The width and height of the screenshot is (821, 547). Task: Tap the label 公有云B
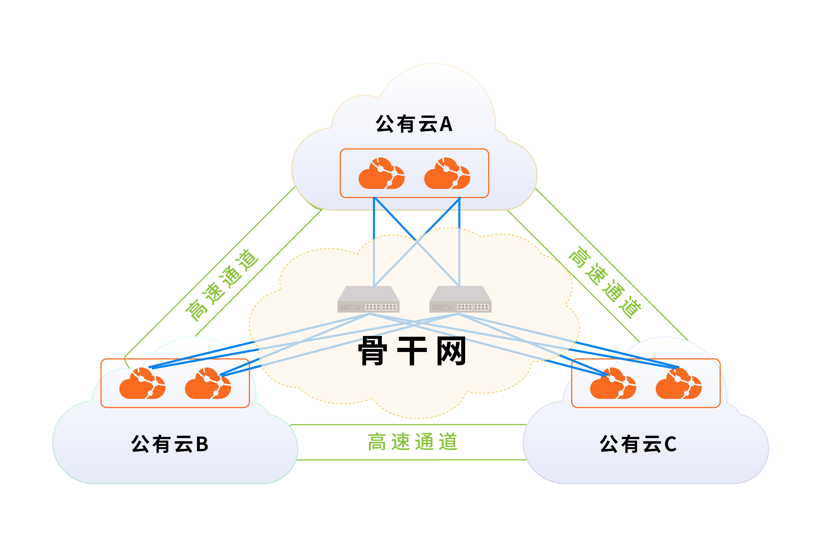tap(170, 444)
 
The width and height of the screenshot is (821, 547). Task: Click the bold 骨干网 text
tap(412, 351)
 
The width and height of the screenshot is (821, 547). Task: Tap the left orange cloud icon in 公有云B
tap(142, 384)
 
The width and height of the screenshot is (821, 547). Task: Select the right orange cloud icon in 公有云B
tap(208, 384)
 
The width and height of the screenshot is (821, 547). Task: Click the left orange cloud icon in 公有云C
tap(613, 384)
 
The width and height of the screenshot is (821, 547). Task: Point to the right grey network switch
tap(460, 299)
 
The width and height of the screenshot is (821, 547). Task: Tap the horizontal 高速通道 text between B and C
tap(412, 442)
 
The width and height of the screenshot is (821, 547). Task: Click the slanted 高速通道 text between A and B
tap(222, 285)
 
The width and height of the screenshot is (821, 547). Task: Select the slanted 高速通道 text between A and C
tap(605, 283)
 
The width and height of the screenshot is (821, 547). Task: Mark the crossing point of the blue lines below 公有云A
tap(417, 241)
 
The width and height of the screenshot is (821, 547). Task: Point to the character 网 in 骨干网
tap(451, 351)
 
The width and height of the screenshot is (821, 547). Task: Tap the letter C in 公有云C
tap(670, 444)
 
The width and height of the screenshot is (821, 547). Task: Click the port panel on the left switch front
tap(381, 307)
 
